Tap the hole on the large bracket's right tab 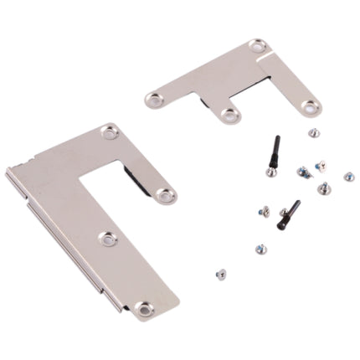166,195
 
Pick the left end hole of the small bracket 153,100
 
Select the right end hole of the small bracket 311,107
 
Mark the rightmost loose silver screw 348,177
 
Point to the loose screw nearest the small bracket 313,131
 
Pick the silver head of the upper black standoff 271,172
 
